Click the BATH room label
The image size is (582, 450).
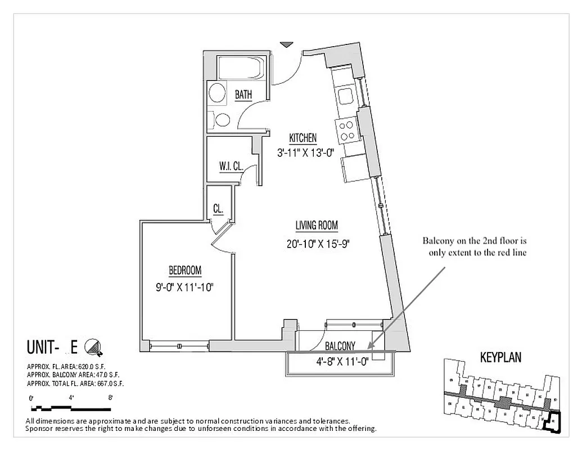point(243,95)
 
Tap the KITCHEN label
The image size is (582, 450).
point(303,138)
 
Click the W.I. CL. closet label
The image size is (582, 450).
point(231,166)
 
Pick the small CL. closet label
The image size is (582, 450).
point(218,209)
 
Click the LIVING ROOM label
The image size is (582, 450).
point(317,226)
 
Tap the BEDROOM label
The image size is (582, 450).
point(184,270)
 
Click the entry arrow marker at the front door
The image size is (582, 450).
point(287,44)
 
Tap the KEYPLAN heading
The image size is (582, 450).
point(500,357)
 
